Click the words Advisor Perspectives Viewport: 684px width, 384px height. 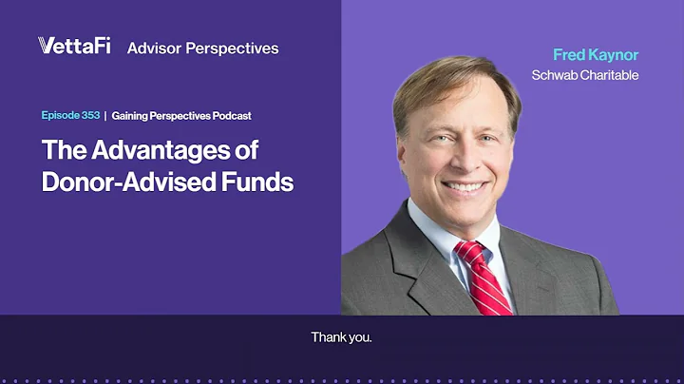click(x=202, y=47)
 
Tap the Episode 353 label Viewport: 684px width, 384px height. click(x=69, y=115)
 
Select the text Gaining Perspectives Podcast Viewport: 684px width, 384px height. click(x=180, y=115)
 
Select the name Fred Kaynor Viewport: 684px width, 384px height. click(x=597, y=55)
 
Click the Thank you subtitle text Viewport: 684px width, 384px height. click(x=341, y=337)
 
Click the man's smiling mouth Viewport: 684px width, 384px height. click(x=464, y=185)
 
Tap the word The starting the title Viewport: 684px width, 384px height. click(x=63, y=149)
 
